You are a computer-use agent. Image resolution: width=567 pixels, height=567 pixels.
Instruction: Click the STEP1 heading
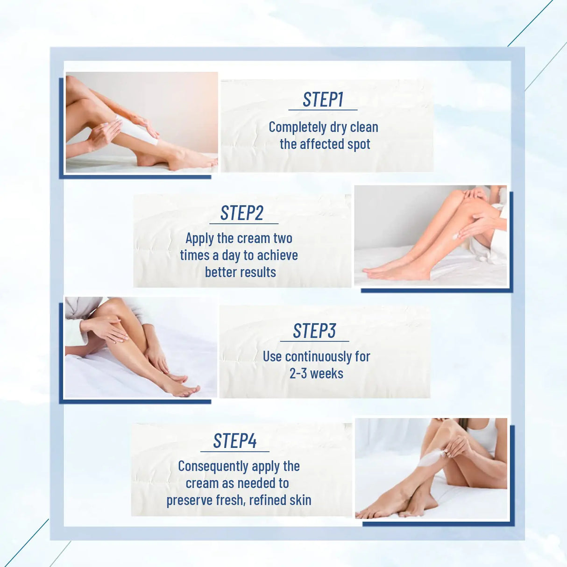(x=323, y=99)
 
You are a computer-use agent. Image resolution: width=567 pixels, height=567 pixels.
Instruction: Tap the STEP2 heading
(x=242, y=213)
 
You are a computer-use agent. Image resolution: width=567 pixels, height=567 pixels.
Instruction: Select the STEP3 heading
(x=314, y=331)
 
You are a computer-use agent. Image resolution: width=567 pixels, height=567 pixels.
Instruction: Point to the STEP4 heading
(x=235, y=441)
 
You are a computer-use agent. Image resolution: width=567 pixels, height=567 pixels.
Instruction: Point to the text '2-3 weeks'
(x=316, y=374)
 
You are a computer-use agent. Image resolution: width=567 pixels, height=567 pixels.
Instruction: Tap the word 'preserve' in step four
(x=188, y=500)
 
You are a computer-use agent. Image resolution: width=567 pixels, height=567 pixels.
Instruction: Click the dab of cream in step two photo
(x=456, y=237)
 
